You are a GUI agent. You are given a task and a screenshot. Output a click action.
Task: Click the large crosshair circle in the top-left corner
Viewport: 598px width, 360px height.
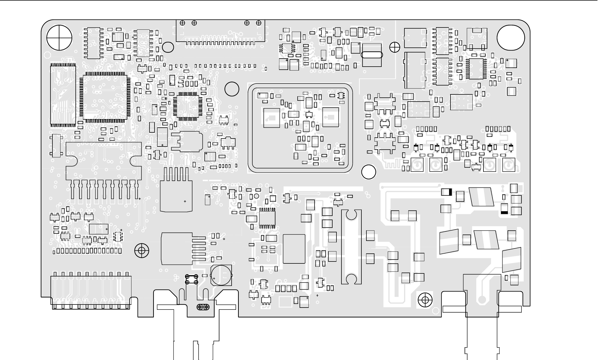point(59,38)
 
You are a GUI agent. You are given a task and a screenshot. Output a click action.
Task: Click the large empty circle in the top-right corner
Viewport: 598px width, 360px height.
point(511,38)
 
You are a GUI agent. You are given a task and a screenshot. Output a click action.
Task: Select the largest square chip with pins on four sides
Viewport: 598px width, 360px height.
point(105,97)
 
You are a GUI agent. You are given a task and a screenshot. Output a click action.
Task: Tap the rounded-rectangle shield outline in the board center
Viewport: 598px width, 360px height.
point(300,128)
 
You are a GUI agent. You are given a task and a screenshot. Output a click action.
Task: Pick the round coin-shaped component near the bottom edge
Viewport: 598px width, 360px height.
point(221,275)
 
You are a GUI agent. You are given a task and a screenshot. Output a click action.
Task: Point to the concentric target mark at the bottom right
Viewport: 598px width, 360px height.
point(425,300)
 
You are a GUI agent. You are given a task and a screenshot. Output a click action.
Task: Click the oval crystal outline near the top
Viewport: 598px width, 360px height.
point(372,55)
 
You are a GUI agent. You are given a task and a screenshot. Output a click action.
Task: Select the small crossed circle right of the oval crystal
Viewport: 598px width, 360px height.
point(395,47)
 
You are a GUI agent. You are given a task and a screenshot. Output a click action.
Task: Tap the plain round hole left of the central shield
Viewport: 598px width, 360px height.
point(232,89)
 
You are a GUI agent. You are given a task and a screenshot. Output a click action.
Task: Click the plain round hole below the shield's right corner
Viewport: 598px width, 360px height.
point(369,172)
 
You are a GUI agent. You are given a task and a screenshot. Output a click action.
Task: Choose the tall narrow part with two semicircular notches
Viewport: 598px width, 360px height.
point(351,247)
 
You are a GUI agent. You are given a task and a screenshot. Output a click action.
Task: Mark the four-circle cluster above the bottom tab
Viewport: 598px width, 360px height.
point(191,279)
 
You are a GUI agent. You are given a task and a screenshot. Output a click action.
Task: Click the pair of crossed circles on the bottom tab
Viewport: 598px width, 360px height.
point(203,307)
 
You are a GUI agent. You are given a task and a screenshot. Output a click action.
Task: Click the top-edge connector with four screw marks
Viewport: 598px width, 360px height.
point(221,32)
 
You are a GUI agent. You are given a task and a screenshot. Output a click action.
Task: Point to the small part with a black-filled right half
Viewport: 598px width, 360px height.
point(447,192)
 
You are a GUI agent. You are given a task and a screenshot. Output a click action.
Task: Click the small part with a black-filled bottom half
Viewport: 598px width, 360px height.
point(504,209)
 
